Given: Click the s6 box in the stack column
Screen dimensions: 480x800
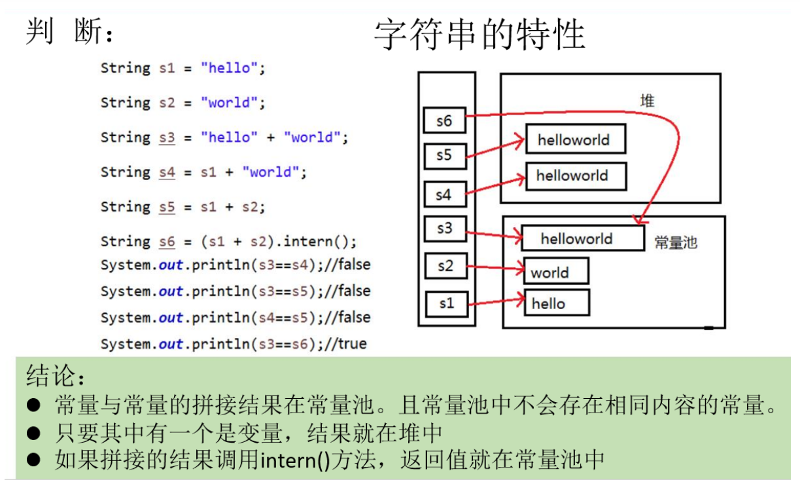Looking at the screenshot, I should coord(444,121).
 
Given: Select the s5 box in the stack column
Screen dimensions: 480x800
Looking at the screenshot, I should coord(444,157).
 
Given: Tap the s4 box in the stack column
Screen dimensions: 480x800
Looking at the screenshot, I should coord(444,194).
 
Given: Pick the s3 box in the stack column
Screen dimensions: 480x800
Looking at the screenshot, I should coord(444,229).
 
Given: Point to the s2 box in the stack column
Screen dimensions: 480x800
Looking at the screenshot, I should coord(445,266).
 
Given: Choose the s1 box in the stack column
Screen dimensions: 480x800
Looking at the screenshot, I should coord(447,303).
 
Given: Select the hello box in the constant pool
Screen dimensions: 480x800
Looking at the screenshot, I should coord(556,303).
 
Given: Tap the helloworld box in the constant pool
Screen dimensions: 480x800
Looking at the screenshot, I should coord(582,238).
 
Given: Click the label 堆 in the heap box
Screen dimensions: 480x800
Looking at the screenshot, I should coord(647,101).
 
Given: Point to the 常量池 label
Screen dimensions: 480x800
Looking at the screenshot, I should coord(676,243).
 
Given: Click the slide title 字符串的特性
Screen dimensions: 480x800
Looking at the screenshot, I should coord(479,35).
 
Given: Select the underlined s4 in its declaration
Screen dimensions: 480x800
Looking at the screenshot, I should coord(167,172).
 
